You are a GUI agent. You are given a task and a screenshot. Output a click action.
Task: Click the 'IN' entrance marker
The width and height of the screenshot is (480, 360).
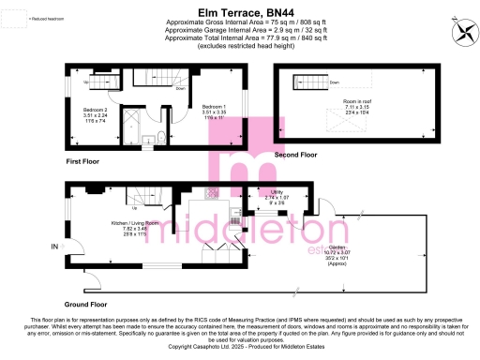(x=54, y=246)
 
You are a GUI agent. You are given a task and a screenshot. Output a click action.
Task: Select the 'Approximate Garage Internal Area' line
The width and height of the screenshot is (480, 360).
(x=239, y=28)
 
